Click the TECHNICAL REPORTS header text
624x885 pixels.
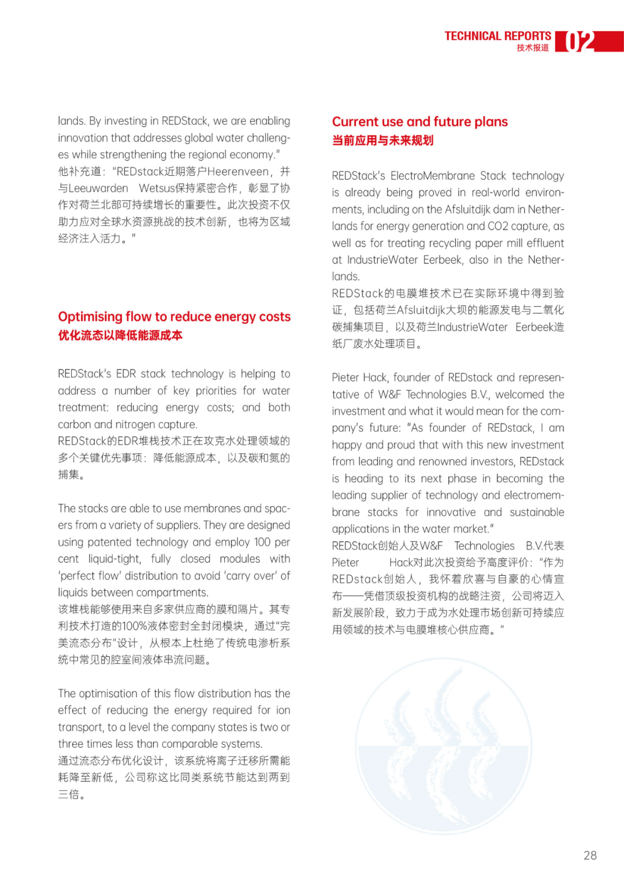click(x=497, y=36)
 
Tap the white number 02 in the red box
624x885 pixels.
click(x=580, y=42)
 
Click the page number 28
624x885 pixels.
click(x=590, y=856)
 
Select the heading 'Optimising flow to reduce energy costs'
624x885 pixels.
click(x=174, y=317)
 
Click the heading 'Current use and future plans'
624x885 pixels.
click(x=419, y=122)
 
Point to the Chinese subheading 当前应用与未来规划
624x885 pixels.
click(x=382, y=140)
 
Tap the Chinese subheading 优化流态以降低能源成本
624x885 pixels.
click(x=120, y=335)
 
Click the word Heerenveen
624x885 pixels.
click(x=238, y=172)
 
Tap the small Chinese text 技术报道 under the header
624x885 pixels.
click(x=532, y=48)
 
